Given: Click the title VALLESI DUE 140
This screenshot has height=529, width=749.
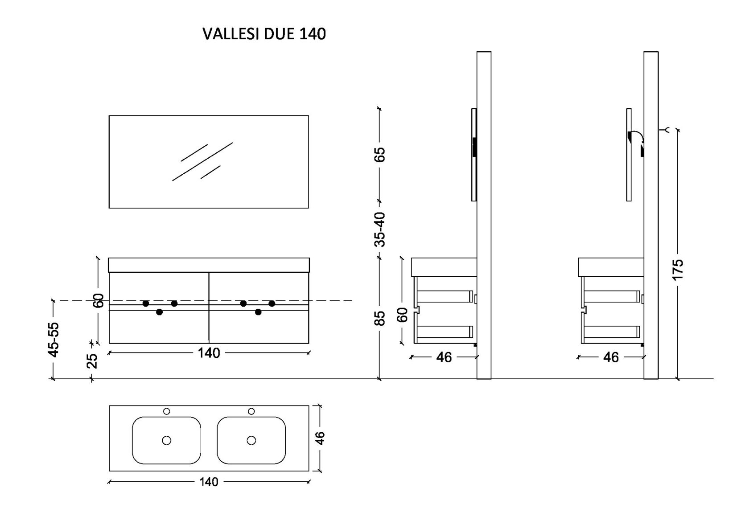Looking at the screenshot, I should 264,34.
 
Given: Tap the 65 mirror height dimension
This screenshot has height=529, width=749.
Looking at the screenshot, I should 379,154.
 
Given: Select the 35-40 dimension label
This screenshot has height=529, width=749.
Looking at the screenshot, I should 379,229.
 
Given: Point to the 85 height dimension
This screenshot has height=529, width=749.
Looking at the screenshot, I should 379,318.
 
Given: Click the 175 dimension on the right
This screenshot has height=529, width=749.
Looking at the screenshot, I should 677,269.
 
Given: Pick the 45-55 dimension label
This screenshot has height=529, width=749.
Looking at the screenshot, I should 53,339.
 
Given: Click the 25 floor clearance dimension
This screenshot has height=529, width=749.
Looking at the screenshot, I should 92,361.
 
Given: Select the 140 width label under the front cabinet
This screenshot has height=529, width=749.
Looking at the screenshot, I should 209,353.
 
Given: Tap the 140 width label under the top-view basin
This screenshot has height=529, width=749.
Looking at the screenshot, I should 209,482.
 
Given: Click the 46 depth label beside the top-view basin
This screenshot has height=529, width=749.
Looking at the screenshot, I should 320,438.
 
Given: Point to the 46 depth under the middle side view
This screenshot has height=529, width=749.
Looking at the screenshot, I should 444,357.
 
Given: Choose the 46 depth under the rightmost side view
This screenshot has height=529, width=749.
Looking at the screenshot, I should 611,357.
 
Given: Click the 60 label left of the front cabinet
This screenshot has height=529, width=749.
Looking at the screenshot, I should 99,300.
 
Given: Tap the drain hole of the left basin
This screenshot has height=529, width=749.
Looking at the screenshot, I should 167,440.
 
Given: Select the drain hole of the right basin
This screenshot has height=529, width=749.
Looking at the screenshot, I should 251,440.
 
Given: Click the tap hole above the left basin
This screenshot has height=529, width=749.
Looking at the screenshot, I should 167,411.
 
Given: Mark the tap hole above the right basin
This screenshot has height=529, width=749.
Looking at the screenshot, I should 251,411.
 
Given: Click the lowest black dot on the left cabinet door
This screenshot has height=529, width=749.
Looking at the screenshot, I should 160,312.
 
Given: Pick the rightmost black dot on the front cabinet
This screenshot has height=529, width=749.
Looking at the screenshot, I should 272,303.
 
